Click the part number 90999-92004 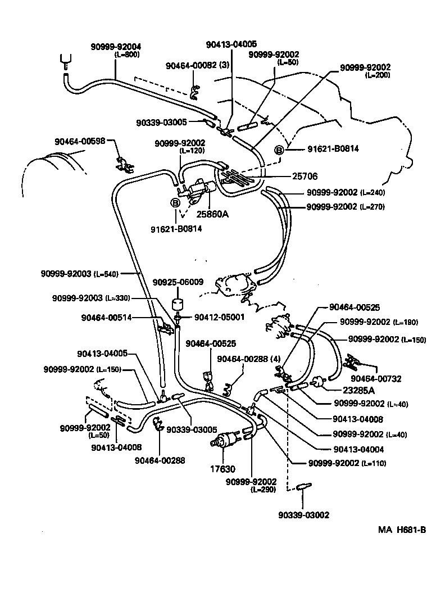click(116, 47)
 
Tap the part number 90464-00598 click(80, 142)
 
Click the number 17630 click(223, 469)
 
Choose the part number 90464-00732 click(376, 378)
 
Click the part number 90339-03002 click(303, 514)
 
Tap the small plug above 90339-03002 click(302, 485)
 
